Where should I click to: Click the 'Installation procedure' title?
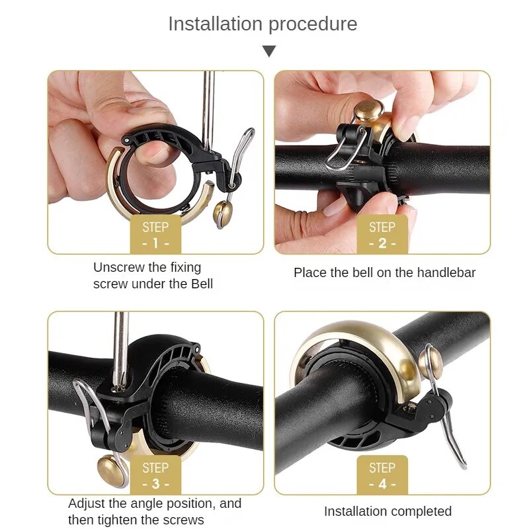263,24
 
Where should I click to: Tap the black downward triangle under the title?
269,52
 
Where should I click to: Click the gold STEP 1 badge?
155,234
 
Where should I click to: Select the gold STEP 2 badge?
382,234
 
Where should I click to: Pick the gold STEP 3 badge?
155,475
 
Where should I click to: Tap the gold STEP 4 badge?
382,475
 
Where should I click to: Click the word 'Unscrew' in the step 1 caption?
118,268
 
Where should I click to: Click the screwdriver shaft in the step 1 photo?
208,111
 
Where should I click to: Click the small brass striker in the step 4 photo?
431,364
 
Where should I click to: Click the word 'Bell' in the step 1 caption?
202,284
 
